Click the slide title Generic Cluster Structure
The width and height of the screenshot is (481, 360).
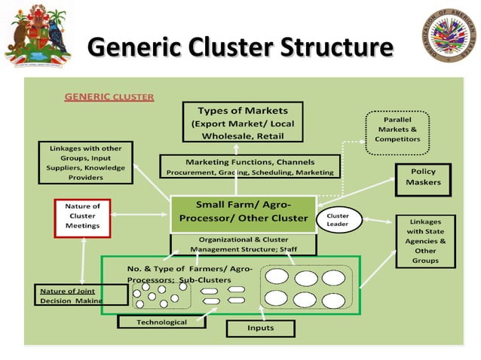[240, 47]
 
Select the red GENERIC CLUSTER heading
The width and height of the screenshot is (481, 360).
[109, 97]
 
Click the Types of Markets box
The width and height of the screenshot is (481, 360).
[242, 123]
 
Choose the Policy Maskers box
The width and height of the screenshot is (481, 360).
[422, 177]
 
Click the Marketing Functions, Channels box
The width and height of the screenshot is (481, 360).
[250, 167]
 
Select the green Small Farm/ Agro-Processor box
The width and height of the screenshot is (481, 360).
[242, 212]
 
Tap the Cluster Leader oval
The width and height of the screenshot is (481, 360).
[337, 220]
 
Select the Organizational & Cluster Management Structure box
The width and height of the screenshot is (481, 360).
[243, 243]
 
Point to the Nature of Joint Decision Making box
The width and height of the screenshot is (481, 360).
[71, 295]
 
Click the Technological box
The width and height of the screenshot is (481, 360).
[161, 322]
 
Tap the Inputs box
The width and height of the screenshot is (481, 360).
[260, 328]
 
